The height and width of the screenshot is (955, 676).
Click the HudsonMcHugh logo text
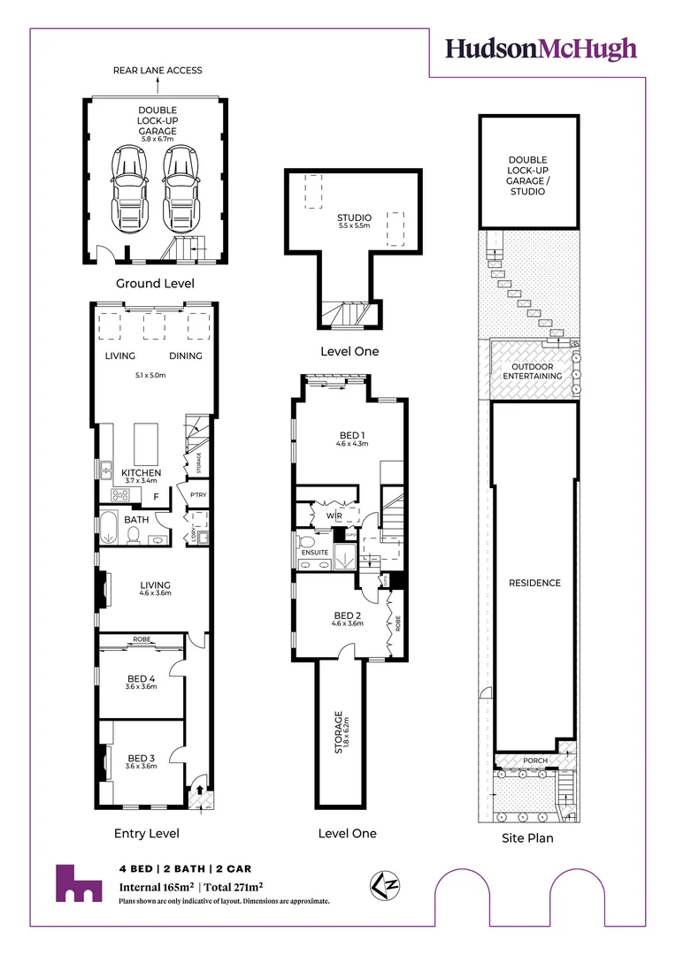point(541,48)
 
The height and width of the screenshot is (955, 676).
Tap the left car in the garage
point(129,187)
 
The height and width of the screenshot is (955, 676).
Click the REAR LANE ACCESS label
point(157,71)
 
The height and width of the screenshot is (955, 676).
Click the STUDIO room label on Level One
point(354,218)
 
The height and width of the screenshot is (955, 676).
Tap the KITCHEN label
point(142,473)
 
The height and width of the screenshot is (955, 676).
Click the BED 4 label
point(142,679)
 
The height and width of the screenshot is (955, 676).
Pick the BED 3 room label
point(142,758)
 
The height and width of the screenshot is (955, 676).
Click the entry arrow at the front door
point(200,791)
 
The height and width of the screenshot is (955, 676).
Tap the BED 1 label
point(351,435)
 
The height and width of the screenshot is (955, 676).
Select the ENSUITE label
point(314,553)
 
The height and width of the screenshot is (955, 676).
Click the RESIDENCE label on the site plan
point(534,583)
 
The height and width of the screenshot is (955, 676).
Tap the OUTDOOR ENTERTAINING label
point(534,371)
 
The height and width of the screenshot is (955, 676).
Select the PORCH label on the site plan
point(534,760)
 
